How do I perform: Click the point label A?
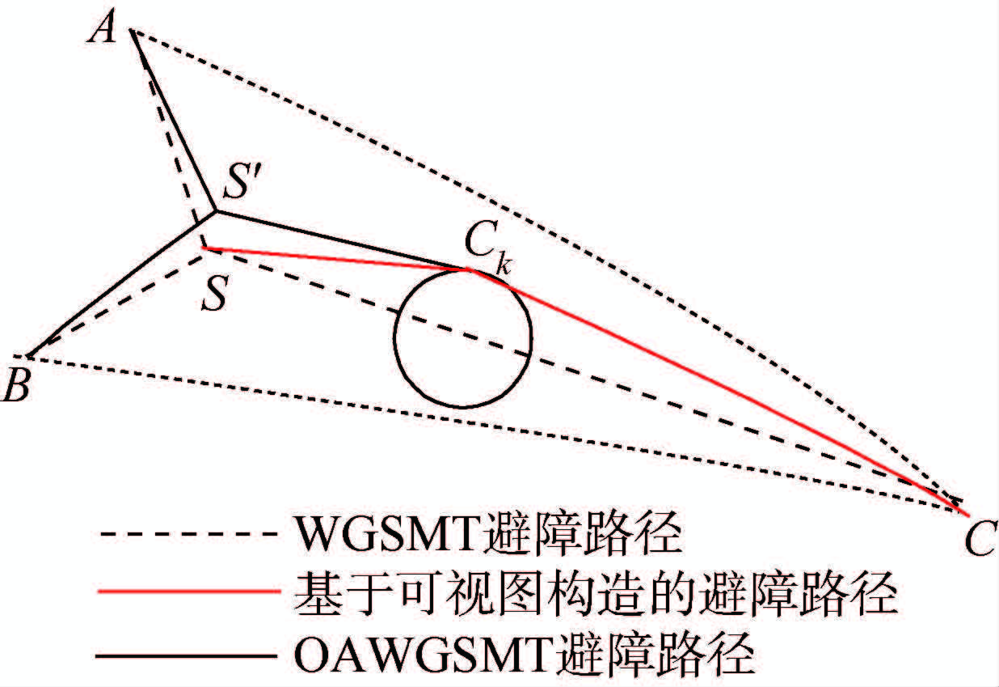[104, 30]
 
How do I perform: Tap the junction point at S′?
[215, 212]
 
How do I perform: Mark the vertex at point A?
[131, 32]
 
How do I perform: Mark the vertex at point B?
[29, 356]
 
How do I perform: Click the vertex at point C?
[967, 511]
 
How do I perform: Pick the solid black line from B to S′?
[121, 284]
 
